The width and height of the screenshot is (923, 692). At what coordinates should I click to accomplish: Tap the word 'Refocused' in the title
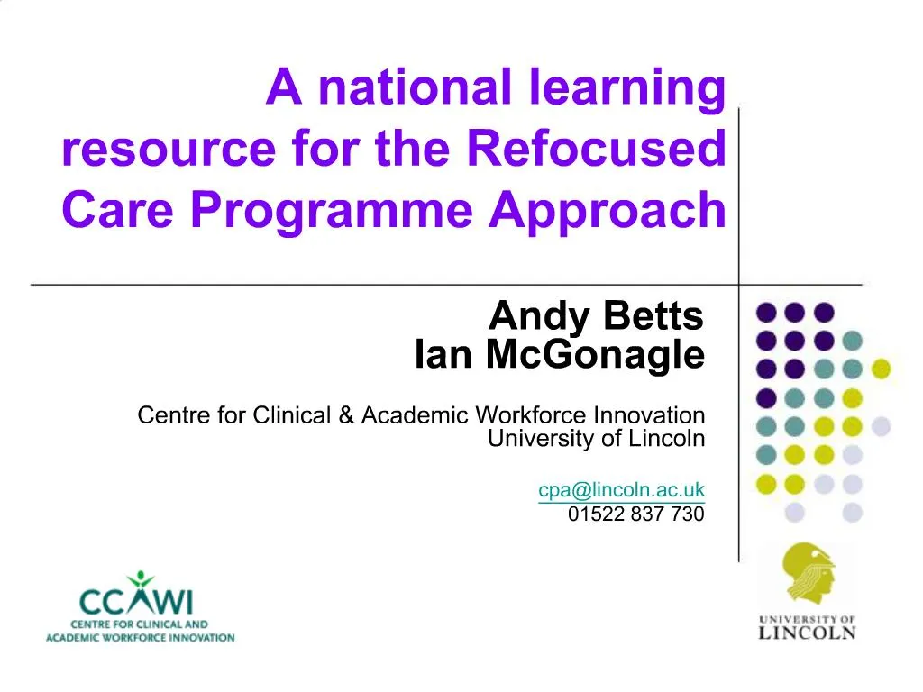coord(597,149)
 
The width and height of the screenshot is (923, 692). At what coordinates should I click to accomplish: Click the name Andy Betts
coord(595,316)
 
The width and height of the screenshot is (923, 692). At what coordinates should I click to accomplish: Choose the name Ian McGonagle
coord(559,355)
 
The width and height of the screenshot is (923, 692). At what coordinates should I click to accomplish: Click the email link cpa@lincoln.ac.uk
coord(621,490)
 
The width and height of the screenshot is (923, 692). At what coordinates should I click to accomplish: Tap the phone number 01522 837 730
coord(635,514)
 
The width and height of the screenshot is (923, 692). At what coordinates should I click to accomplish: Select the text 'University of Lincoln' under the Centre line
coord(595,439)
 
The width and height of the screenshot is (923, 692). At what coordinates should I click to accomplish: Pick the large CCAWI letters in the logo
coord(135,601)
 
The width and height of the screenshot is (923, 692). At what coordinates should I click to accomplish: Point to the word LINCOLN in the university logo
coord(807,633)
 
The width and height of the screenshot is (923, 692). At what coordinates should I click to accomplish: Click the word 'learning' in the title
coord(622,88)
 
